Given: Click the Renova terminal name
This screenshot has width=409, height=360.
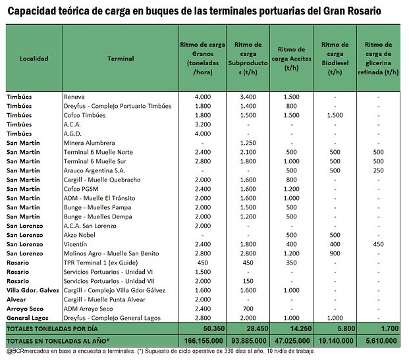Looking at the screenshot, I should (x=74, y=97).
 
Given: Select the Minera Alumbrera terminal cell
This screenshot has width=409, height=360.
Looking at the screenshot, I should (x=90, y=142).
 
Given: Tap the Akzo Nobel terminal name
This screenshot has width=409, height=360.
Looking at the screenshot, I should (x=80, y=234).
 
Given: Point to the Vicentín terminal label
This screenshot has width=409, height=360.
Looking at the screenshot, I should (x=76, y=244).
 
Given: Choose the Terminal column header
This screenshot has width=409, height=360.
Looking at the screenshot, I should (x=120, y=59).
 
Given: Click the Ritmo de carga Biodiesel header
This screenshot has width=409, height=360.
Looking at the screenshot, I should (x=334, y=59).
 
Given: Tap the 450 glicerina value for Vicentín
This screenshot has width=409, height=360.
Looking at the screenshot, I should (x=378, y=244).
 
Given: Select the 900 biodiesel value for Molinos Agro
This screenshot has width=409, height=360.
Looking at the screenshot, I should (x=334, y=253).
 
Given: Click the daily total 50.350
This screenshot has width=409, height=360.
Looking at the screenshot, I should (x=204, y=328).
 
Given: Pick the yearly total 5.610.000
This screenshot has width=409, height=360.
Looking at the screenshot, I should (x=380, y=341).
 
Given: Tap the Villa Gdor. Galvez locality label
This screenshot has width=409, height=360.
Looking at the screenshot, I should (x=33, y=290).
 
